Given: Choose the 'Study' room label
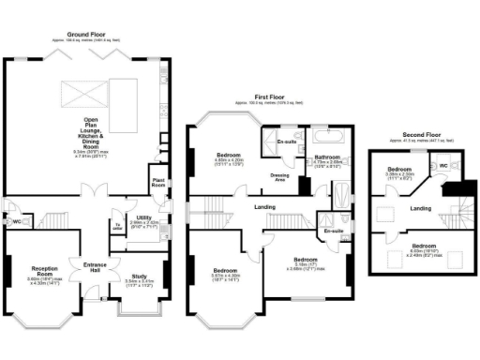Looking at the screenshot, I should (x=139, y=277).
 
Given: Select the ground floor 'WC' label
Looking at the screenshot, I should (x=17, y=222).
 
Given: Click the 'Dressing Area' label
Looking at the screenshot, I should (x=280, y=175).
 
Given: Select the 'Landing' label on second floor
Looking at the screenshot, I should (x=421, y=208).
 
